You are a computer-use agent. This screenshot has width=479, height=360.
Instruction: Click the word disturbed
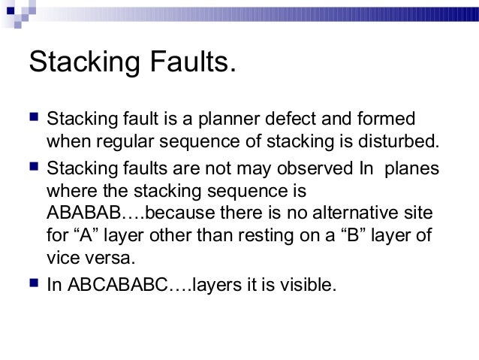pos(399,141)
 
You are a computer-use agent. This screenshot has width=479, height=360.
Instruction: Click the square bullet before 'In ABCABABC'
pos(33,284)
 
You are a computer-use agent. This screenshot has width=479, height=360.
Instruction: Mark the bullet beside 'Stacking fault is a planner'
pos(33,119)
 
